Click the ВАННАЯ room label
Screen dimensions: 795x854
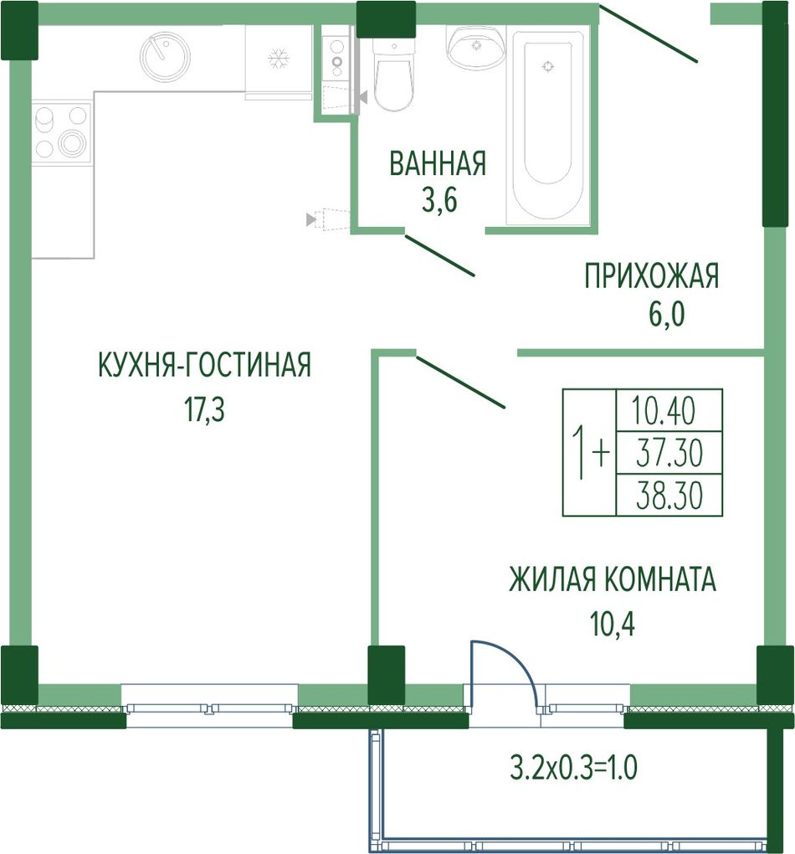(x=438, y=163)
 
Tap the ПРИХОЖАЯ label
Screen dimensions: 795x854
(x=652, y=275)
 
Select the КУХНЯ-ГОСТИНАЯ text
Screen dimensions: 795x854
(x=205, y=364)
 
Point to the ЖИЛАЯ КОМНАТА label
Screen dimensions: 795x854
(x=613, y=579)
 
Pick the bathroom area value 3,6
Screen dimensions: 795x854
(x=439, y=201)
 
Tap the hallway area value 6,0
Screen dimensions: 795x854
(x=665, y=315)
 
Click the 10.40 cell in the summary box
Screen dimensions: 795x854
(x=664, y=411)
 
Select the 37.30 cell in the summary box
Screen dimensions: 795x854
(x=669, y=453)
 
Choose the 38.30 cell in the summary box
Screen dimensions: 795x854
(x=669, y=495)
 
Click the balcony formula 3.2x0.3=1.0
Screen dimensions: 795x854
(x=573, y=769)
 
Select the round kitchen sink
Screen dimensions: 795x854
(x=165, y=56)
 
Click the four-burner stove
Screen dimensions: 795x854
(x=61, y=131)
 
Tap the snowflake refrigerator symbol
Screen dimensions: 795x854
(x=278, y=59)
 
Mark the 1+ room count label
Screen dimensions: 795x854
(x=590, y=452)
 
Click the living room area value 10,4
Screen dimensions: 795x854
(x=613, y=625)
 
